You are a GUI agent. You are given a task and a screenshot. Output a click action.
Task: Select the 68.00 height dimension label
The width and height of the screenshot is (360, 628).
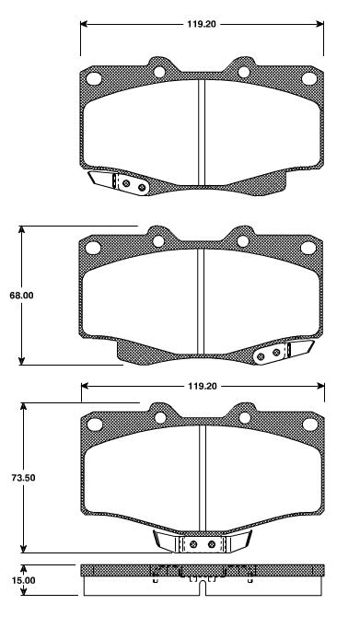tap(21, 296)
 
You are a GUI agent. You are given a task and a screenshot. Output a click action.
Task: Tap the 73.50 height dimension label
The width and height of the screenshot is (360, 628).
tap(21, 478)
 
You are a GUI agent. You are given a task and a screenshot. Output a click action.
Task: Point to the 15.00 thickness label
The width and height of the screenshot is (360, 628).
tap(24, 581)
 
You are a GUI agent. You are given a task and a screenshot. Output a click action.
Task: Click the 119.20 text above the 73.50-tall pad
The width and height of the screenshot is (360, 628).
tap(202, 388)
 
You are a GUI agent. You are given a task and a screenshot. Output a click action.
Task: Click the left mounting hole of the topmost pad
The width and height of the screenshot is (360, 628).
tap(158, 72)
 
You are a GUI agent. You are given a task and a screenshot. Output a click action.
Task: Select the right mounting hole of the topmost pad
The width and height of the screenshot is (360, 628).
tap(244, 72)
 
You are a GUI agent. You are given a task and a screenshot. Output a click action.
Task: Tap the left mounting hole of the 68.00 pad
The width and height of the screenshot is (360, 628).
tap(158, 241)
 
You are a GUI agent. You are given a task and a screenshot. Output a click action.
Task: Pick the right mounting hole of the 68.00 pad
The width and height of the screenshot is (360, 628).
tap(244, 241)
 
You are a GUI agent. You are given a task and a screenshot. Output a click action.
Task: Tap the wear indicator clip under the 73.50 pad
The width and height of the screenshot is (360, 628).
tap(202, 543)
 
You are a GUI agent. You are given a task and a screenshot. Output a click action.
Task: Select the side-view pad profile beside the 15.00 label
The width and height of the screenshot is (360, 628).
tap(202, 579)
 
